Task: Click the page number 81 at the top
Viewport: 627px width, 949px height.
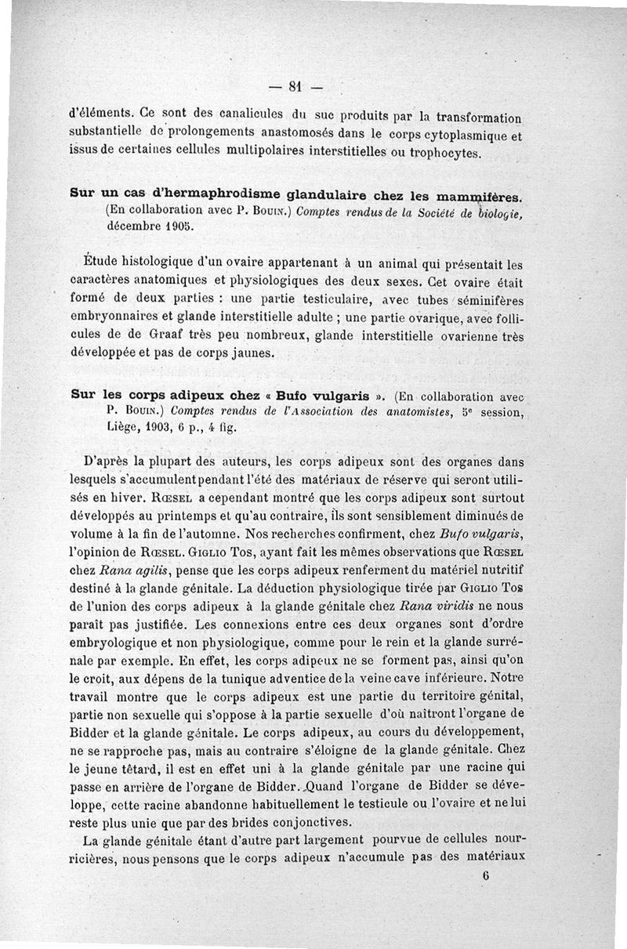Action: click(295, 86)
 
